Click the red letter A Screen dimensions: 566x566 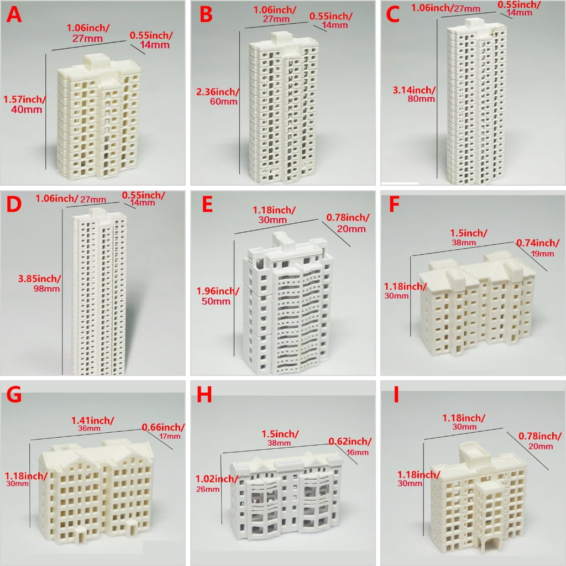(x=14, y=15)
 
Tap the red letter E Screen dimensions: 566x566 (x=207, y=205)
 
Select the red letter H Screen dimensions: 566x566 (x=205, y=395)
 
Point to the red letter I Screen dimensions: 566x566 (x=396, y=395)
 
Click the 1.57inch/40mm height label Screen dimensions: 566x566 (x=24, y=104)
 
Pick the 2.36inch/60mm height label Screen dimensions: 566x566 (x=217, y=96)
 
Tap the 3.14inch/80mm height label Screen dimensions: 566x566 (x=414, y=94)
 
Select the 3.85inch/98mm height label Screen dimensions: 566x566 (x=40, y=284)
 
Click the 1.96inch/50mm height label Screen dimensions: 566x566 (x=217, y=296)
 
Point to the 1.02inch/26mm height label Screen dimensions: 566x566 (x=217, y=483)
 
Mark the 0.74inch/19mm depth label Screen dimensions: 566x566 (x=538, y=248)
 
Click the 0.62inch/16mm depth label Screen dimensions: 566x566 (x=350, y=447)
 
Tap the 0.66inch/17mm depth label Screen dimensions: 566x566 (x=163, y=431)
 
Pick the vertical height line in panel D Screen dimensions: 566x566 (x=62, y=292)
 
